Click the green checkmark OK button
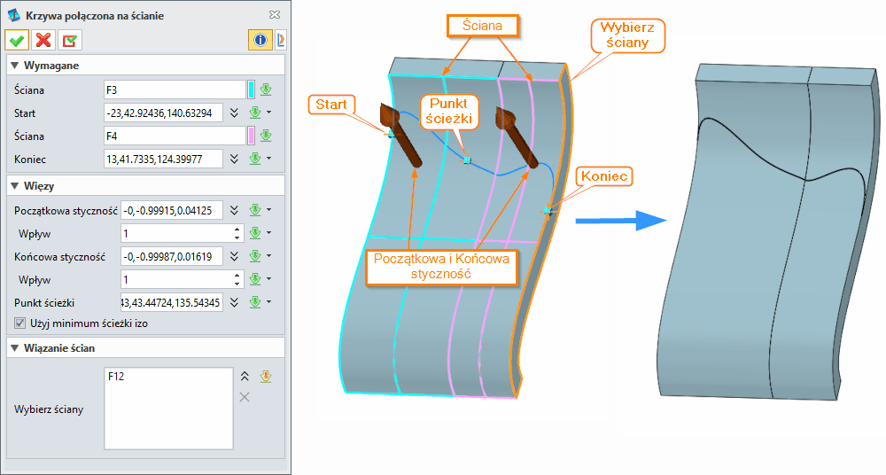click(17, 40)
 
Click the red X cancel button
click(43, 40)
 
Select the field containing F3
click(174, 90)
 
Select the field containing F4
click(174, 136)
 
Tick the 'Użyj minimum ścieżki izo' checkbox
click(20, 323)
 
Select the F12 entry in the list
click(116, 377)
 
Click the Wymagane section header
click(53, 66)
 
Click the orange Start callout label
click(330, 105)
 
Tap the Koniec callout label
click(604, 176)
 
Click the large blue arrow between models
click(620, 221)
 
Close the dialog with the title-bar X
click(275, 15)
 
